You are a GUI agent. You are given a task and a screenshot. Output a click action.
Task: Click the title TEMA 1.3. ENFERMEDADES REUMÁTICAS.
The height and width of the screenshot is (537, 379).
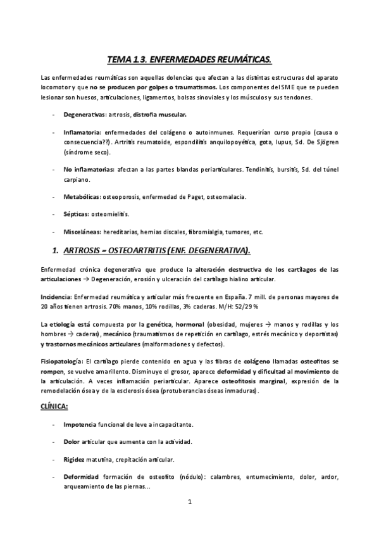point(189,60)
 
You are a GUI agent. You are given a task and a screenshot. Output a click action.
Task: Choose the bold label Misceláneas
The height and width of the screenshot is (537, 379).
point(82,231)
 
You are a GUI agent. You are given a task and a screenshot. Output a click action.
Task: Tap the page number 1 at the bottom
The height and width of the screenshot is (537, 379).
point(189,502)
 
